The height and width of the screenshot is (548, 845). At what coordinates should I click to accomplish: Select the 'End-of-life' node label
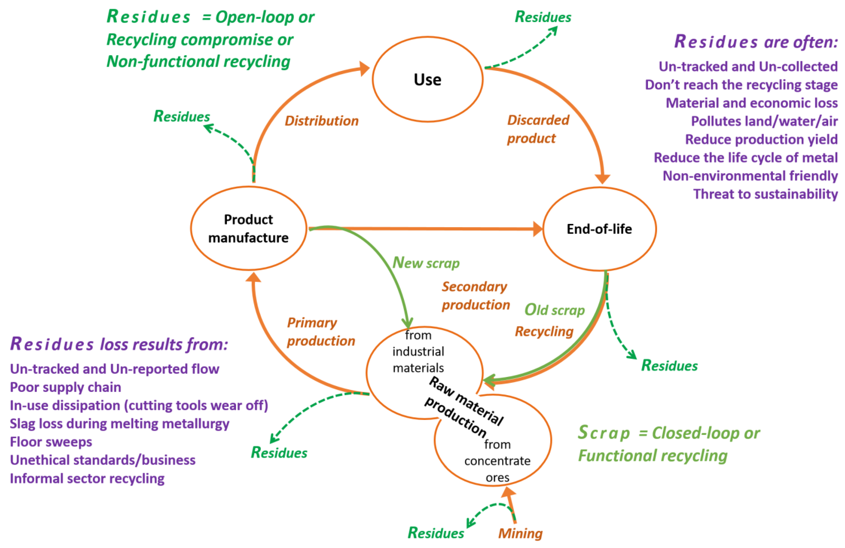599,229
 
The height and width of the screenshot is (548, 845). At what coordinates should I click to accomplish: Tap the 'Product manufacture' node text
248,228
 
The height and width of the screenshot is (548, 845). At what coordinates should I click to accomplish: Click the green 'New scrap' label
426,263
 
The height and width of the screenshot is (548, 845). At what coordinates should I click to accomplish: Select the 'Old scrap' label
554,310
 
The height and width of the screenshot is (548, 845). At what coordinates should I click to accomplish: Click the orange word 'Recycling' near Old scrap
544,331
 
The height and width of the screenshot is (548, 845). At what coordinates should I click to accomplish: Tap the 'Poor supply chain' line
65,387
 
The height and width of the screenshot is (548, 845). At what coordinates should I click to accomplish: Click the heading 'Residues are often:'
755,42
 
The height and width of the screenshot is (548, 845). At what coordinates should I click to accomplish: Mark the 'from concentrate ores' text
497,461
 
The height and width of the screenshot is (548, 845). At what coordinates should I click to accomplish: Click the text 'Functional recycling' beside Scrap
652,455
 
